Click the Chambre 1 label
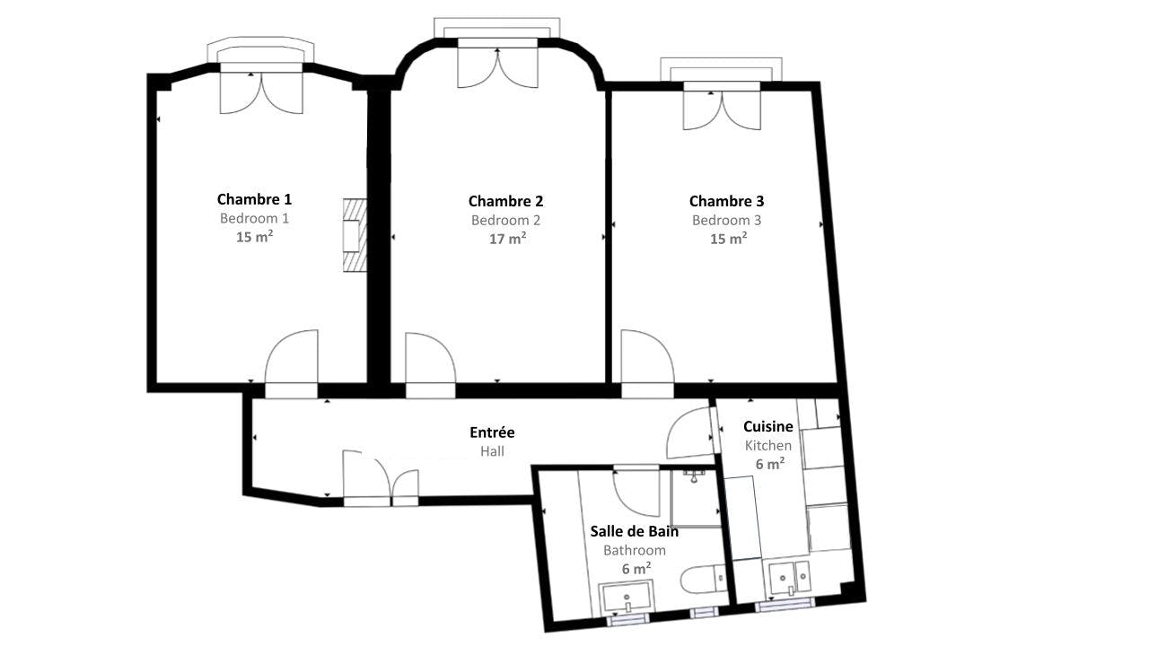point(254,199)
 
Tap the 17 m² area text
point(507,239)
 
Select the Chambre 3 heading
point(726,201)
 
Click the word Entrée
point(492,432)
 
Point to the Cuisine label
point(767,426)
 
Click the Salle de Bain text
point(634,531)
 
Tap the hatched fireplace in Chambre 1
point(355,235)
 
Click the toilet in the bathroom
point(703,580)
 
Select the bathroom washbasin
point(627,597)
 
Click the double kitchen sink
point(791,579)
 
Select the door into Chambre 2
point(430,364)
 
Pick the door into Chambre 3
point(647,363)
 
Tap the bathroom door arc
point(636,491)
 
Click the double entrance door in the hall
point(381,478)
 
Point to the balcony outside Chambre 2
point(496,28)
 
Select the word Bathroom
point(634,550)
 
